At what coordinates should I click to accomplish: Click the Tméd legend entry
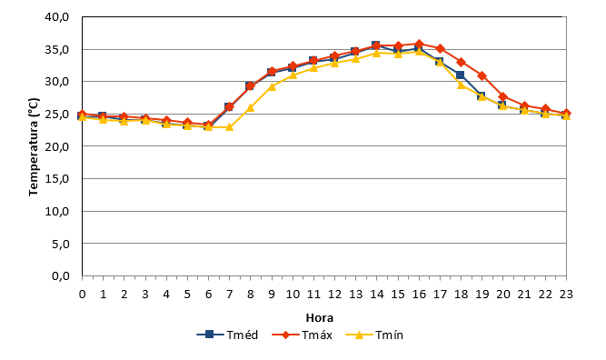tap(227, 335)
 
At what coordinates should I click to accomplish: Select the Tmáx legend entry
tap(303, 335)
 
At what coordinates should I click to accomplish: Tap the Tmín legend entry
tap(374, 335)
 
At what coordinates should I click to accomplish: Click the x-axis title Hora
tap(320, 318)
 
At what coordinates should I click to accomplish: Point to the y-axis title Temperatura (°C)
tap(34, 147)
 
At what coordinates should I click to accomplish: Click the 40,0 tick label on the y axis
tap(57, 17)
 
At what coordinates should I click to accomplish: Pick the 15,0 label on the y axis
tap(57, 179)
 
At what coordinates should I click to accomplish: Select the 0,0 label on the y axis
tap(60, 276)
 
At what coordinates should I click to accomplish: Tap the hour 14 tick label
tap(377, 295)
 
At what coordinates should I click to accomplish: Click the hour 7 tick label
tap(229, 295)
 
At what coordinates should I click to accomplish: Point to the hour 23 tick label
tap(566, 295)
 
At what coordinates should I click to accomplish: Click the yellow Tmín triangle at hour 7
tap(229, 126)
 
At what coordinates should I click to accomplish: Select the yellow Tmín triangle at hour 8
tap(251, 107)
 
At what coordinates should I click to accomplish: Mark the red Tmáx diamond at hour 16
tap(419, 44)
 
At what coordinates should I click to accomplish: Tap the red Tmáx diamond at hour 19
tap(482, 75)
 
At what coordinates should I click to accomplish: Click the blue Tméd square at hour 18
tap(460, 75)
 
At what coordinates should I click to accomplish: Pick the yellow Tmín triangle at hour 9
tap(272, 86)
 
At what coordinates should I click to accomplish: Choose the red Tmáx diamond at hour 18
tap(461, 62)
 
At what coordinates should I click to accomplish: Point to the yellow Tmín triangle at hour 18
tap(461, 85)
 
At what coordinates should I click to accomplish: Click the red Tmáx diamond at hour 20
tap(502, 96)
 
